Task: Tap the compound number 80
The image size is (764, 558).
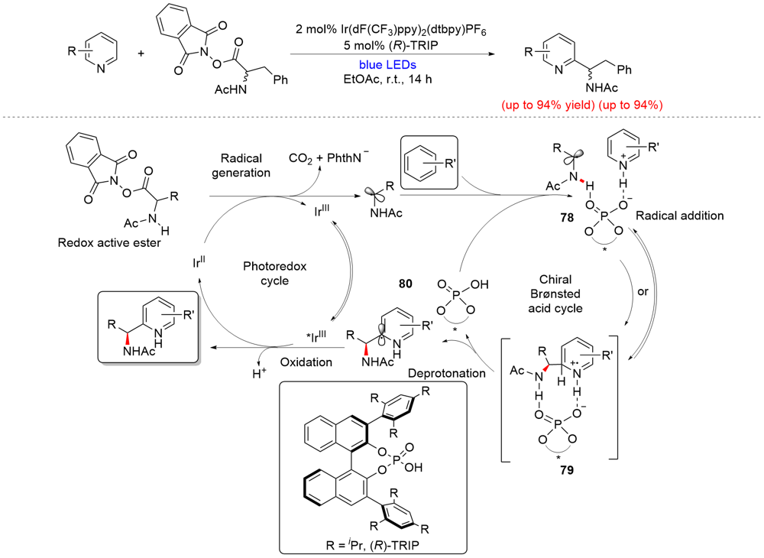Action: tap(405, 284)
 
